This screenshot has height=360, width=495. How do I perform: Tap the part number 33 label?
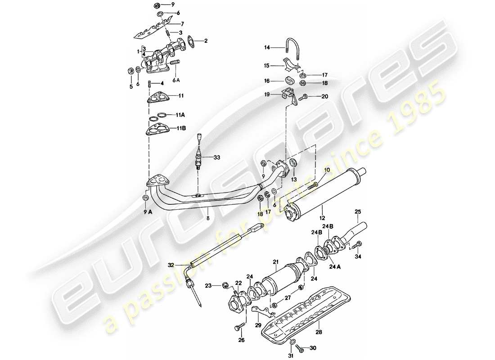217,157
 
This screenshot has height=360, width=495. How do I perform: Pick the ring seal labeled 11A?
154,116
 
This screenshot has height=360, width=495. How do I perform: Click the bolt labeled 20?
304,96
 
